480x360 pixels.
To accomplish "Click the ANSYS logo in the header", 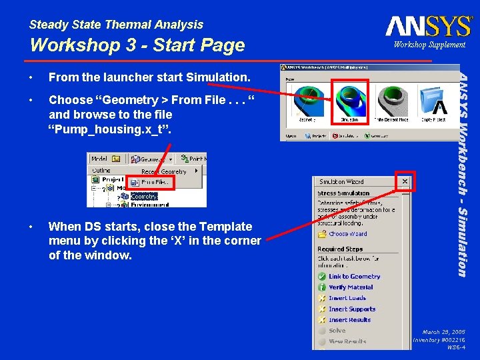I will coord(428,26).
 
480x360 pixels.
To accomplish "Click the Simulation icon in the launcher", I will coord(349,101).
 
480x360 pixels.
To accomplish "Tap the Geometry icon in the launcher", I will coord(307,101).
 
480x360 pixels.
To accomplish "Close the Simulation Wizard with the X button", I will coord(404,181).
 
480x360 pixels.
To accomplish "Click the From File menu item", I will coord(156,182).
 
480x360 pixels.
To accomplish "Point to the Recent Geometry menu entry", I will coord(164,171).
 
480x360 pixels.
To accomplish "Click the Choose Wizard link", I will coord(347,234).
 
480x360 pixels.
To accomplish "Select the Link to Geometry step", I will coord(354,276).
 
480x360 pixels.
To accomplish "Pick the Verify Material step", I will coord(351,287).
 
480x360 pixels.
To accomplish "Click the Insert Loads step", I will coord(347,298).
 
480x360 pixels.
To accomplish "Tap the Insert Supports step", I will coord(351,309).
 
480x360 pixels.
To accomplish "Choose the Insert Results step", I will coord(349,320).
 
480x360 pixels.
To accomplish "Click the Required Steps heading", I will coord(340,249).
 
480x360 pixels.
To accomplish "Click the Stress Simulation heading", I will coord(343,193).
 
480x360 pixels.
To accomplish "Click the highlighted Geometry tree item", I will coord(144,197).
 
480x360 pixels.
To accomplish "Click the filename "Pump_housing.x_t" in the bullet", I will coord(110,129).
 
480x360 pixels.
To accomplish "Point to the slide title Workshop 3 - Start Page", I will coord(137,45).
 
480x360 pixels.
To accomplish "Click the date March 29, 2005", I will coord(443,331).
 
